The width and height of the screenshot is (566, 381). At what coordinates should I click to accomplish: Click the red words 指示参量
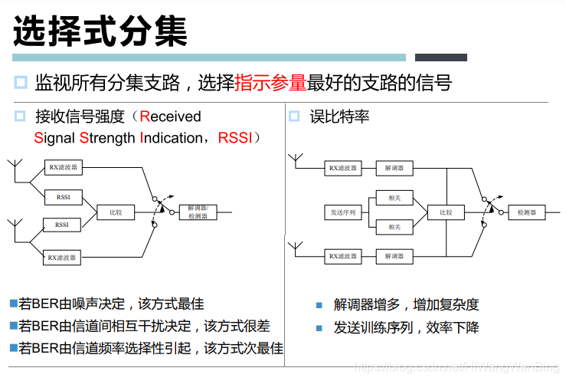tap(270, 83)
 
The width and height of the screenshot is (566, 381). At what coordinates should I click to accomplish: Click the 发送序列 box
tap(343, 212)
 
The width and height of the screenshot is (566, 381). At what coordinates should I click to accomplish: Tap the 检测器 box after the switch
tap(527, 212)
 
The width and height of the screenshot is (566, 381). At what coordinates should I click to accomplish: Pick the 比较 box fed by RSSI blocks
tap(116, 212)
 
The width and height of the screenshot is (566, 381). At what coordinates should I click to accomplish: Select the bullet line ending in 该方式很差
tap(144, 326)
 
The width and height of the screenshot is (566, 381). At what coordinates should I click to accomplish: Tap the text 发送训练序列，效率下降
tap(406, 327)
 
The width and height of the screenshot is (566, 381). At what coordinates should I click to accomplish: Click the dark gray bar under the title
tap(440, 57)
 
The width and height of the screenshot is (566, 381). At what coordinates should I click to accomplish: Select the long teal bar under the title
tap(209, 57)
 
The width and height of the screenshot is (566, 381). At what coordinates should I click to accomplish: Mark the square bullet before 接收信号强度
tap(20, 117)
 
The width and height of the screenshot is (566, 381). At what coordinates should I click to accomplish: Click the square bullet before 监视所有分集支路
tap(21, 83)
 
